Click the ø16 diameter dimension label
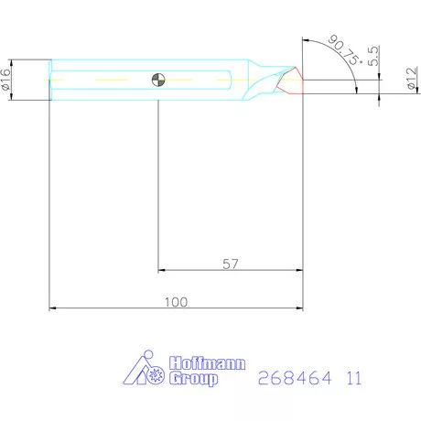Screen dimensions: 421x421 pos(7,80)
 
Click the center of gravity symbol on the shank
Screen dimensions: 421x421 pos(159,79)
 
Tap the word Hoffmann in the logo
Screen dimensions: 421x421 pos(207,363)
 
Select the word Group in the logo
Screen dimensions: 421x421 pos(194,378)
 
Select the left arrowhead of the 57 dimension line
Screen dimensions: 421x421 pos(164,271)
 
